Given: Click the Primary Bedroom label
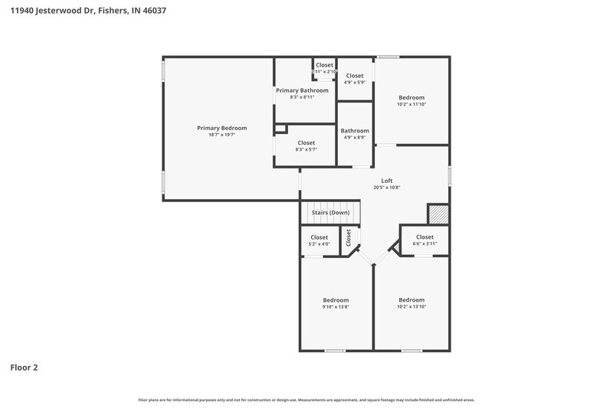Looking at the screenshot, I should pyautogui.click(x=221, y=128).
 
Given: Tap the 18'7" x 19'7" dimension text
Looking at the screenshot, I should pyautogui.click(x=221, y=135).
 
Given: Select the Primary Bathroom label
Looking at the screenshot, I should pyautogui.click(x=302, y=90).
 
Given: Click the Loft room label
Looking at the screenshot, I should pyautogui.click(x=387, y=181).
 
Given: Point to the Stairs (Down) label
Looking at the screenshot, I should pyautogui.click(x=329, y=212).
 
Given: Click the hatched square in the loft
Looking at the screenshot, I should pyautogui.click(x=438, y=214).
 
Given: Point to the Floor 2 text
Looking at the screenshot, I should pyautogui.click(x=24, y=367).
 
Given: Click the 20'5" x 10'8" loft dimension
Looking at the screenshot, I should pyautogui.click(x=387, y=188).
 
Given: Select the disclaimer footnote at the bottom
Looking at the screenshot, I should pyautogui.click(x=306, y=400).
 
